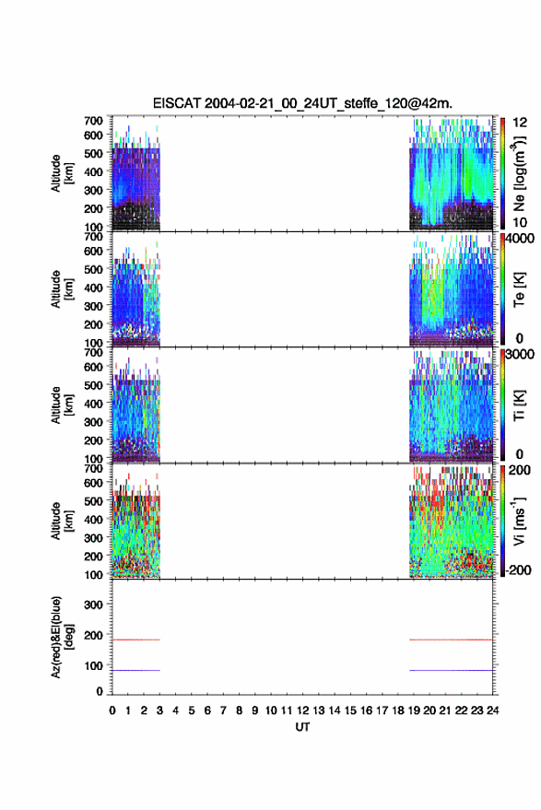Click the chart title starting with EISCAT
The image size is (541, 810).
(x=302, y=103)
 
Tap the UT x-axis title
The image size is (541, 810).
(x=302, y=727)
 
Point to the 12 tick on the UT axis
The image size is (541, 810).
(x=303, y=710)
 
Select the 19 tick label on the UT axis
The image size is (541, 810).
(x=414, y=710)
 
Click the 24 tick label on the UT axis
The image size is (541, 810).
(x=493, y=710)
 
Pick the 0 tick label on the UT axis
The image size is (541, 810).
(x=112, y=710)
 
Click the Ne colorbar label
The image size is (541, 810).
(x=519, y=173)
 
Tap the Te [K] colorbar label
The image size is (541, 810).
(x=519, y=289)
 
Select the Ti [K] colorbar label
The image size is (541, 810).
(x=519, y=405)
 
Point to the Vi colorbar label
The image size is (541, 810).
(x=519, y=521)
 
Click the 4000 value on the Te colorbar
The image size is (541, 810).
(x=519, y=238)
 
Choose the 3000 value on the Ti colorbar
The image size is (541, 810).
(x=519, y=354)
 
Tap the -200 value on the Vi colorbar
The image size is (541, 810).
(x=518, y=569)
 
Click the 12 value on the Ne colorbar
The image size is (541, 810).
(x=520, y=122)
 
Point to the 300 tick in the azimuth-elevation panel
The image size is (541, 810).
(x=93, y=605)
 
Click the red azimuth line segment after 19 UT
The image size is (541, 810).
(x=451, y=640)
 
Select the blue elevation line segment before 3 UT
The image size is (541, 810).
(x=136, y=670)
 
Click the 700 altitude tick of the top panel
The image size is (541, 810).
(x=93, y=121)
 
